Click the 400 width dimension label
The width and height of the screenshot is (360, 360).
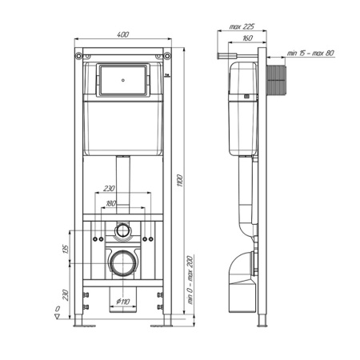(123, 34)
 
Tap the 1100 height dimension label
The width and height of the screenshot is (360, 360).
(180, 180)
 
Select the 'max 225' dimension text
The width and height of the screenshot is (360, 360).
(242, 26)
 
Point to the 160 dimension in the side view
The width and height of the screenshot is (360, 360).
(247, 38)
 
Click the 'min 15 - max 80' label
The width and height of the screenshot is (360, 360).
(310, 53)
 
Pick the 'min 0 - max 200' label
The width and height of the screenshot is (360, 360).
(190, 280)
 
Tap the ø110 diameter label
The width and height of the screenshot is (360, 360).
(123, 302)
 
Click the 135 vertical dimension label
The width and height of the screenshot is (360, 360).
(66, 249)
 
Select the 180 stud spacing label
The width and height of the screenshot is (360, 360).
(111, 203)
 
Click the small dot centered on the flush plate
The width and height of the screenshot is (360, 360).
(123, 80)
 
